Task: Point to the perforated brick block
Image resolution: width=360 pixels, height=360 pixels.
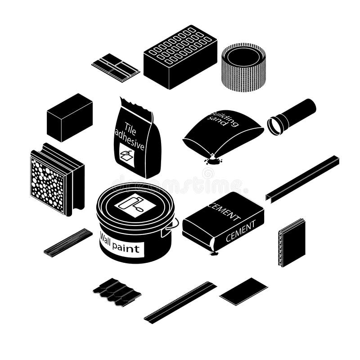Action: [x=180, y=56]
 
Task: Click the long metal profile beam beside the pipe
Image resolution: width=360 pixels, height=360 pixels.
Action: [x=302, y=177]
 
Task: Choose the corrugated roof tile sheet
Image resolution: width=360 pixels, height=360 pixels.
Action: [x=117, y=291]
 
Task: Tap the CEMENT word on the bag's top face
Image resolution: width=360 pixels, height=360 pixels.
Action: [x=224, y=211]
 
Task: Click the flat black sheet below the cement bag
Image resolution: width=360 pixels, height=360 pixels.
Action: [x=243, y=291]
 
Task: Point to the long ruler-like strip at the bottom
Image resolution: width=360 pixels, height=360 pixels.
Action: [x=180, y=302]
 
